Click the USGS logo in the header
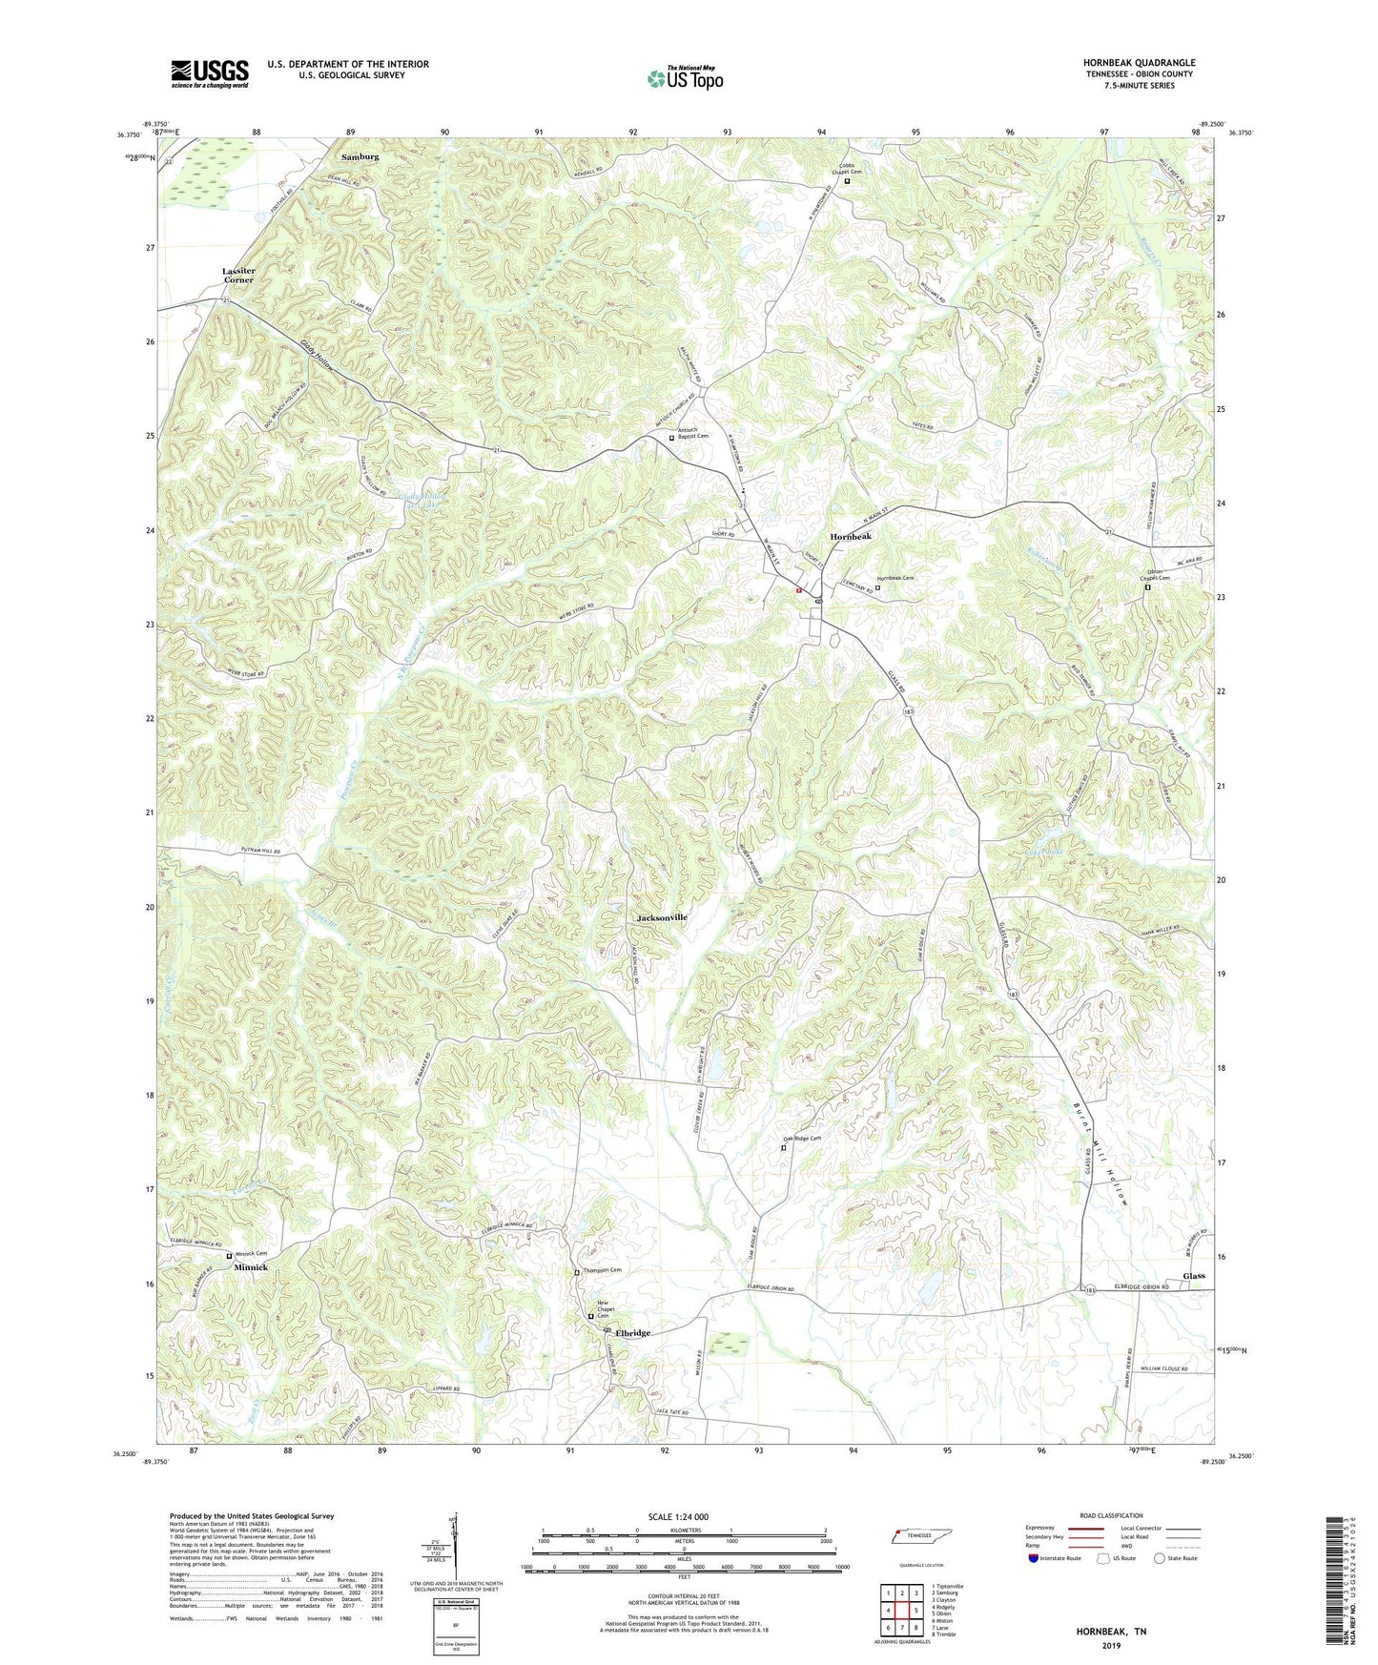pos(210,72)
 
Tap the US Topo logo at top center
pos(685,78)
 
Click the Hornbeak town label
pos(850,537)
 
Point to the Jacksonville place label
pos(662,917)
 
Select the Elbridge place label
pos(632,1333)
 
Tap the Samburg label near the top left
pos(360,156)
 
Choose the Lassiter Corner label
pos(238,276)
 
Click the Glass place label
pos(1193,1276)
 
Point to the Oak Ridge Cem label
pos(802,1139)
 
